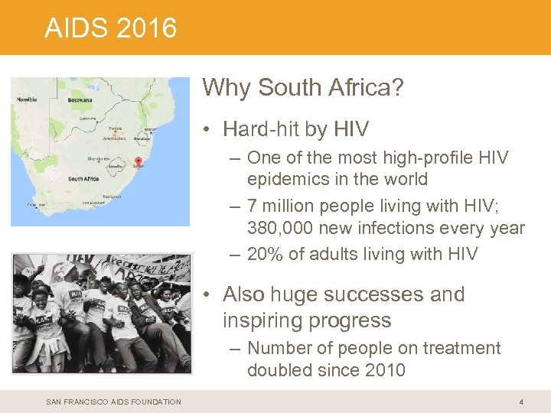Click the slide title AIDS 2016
(x=111, y=28)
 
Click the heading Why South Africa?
(x=303, y=88)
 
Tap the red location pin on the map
(x=139, y=161)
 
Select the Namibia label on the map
(x=27, y=99)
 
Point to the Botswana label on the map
(x=80, y=99)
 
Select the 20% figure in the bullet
(x=266, y=254)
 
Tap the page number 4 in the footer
(x=521, y=402)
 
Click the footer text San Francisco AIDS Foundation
(x=113, y=402)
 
